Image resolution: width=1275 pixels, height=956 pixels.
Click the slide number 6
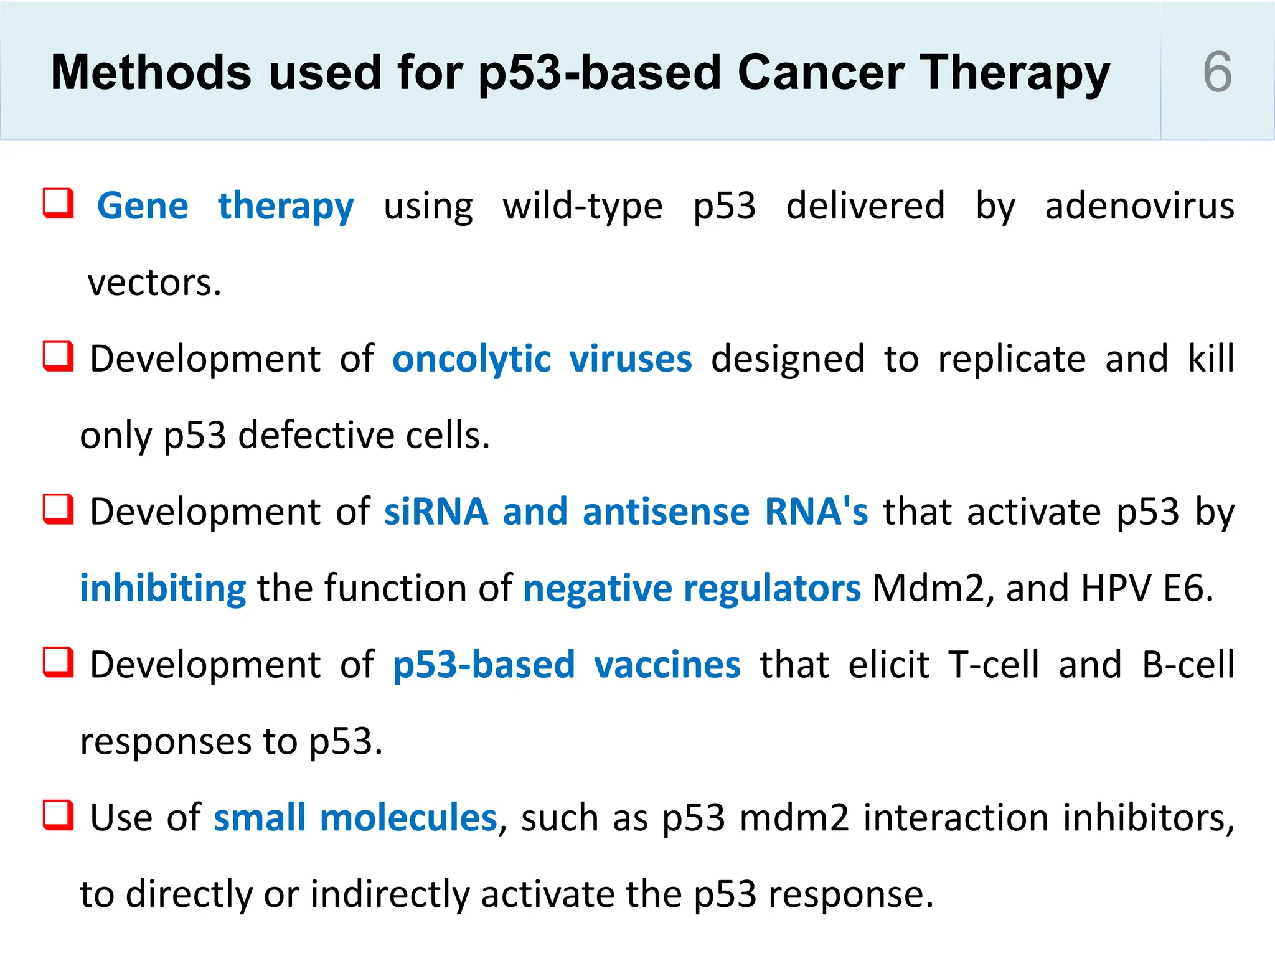1217,72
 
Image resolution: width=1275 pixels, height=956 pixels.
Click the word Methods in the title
151,73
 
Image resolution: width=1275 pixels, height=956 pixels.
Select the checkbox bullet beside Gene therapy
59,204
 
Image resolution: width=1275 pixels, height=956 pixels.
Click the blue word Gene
143,206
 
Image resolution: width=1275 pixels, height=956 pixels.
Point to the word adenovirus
1139,206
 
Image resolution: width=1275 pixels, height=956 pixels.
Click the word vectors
154,283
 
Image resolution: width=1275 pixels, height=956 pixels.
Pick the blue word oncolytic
471,360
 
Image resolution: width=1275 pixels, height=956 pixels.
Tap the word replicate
1012,360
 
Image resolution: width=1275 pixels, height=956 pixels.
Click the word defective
316,435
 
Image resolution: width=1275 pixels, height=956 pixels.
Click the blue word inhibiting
163,588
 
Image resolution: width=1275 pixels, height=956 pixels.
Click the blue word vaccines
667,665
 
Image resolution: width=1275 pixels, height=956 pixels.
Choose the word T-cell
994,665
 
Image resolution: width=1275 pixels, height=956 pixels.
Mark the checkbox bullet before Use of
59,815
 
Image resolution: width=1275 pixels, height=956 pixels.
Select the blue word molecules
408,818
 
